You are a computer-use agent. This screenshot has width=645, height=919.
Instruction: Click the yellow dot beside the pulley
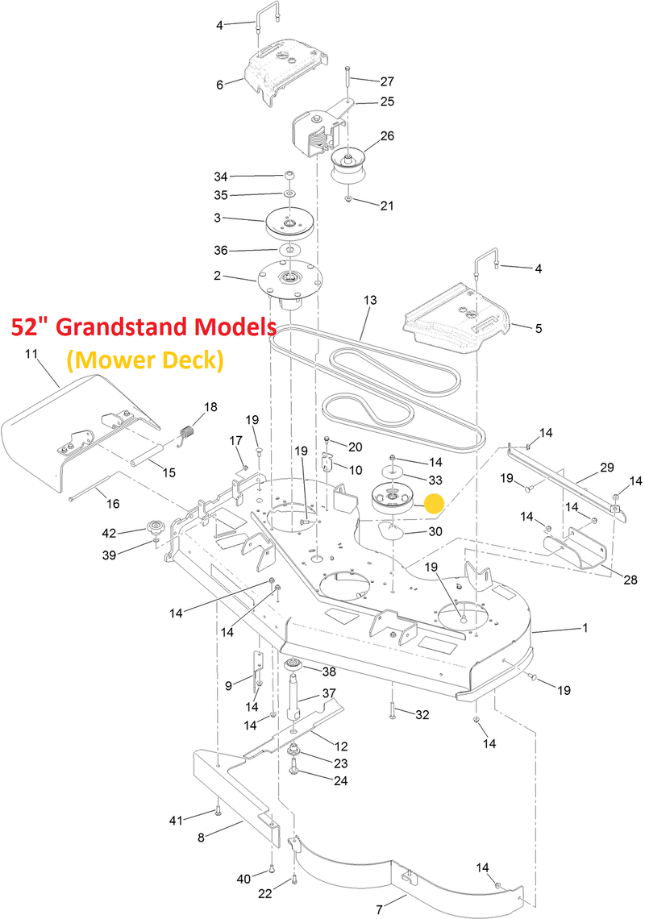(x=435, y=505)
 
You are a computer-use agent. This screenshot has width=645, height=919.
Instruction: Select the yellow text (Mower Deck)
(x=144, y=360)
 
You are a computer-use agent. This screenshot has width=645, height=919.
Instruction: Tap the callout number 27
(x=387, y=81)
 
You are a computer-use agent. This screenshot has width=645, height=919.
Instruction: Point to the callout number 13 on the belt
(x=370, y=300)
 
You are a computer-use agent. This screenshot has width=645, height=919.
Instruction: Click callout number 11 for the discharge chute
(x=32, y=354)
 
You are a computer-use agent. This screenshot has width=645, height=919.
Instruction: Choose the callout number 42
(x=108, y=532)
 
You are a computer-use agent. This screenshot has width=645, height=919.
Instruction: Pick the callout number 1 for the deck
(x=585, y=628)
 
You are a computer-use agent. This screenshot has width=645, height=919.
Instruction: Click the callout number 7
(x=378, y=909)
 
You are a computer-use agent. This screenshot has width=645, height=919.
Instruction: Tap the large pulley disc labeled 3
(x=289, y=223)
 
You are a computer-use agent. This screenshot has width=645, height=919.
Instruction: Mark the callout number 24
(x=341, y=780)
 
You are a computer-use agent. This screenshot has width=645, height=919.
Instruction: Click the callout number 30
(x=435, y=531)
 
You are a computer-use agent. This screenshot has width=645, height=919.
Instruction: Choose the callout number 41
(x=176, y=821)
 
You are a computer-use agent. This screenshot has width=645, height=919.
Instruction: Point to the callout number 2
(x=218, y=276)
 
